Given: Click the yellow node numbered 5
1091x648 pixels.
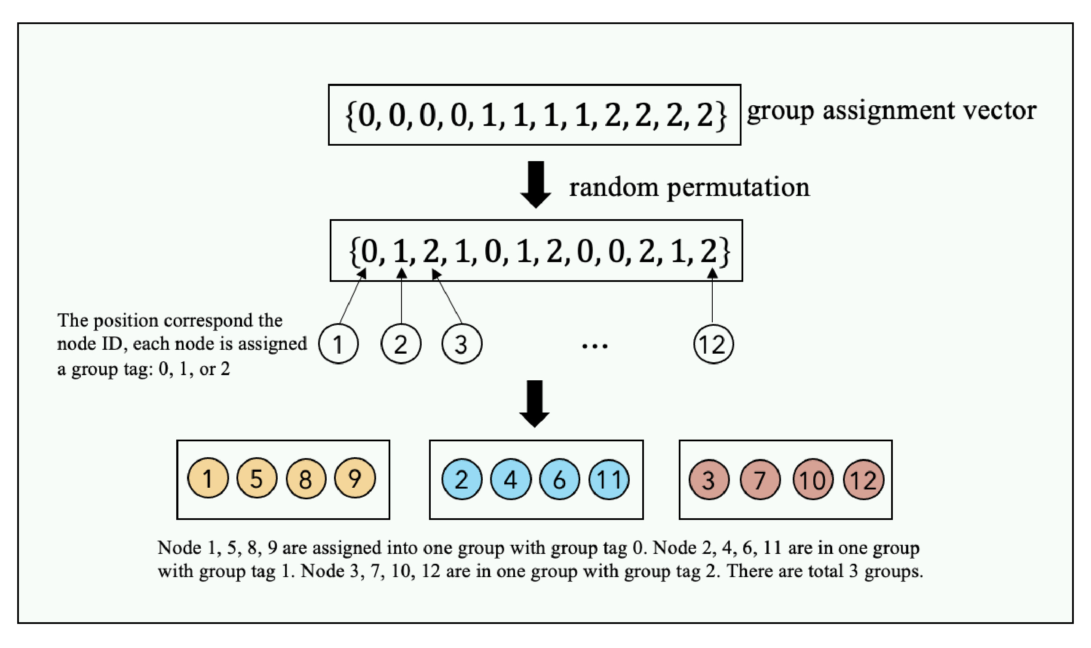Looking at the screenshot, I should pos(257,478).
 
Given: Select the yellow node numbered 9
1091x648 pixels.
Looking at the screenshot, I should pos(355,478).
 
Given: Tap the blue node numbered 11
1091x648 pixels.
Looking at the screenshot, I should pos(609,480).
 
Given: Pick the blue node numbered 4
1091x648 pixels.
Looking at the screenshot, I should pos(511,480).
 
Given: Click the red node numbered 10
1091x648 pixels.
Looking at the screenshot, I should pos(812,480).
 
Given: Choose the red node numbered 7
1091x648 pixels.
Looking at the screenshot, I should pos(760,480).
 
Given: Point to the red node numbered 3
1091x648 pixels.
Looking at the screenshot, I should pos(708,480).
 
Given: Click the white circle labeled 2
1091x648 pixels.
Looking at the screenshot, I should pos(401,344).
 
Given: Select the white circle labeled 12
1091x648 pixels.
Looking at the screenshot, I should pos(713,344).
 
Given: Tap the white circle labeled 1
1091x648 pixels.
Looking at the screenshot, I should pos(338,344).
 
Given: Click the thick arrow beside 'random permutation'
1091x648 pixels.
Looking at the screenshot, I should pos(536,184).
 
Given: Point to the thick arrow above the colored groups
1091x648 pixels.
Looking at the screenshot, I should pos(535,403).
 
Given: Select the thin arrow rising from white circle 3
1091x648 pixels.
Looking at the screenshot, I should pos(447,297).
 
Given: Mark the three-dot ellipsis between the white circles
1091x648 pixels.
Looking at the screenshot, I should pos(595,346).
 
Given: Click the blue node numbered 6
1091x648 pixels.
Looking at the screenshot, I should pos(560,480).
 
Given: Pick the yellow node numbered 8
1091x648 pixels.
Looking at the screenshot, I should pos(306,478).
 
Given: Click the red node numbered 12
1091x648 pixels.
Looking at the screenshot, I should pos(864,480).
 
